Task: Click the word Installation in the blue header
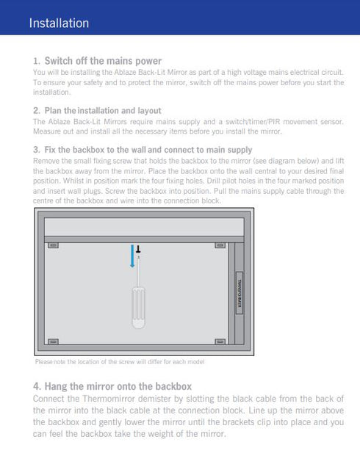pos(59,23)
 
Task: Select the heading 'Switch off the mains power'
pos(103,60)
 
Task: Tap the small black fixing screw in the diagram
pos(137,250)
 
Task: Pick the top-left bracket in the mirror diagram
pos(53,245)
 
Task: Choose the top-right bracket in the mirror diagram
pos(220,245)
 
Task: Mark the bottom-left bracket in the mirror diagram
pos(53,342)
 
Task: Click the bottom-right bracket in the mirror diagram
pos(220,342)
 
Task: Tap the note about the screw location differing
pos(119,362)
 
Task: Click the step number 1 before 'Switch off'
pos(36,61)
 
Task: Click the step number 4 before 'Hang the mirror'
pos(37,386)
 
